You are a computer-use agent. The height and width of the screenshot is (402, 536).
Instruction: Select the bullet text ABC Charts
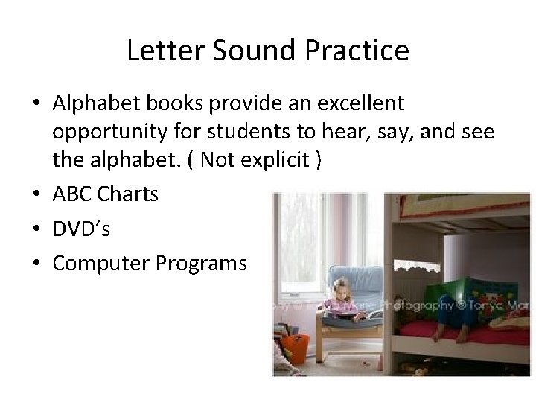coord(105,194)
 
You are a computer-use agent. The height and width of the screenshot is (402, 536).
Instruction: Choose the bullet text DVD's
coord(81,229)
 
